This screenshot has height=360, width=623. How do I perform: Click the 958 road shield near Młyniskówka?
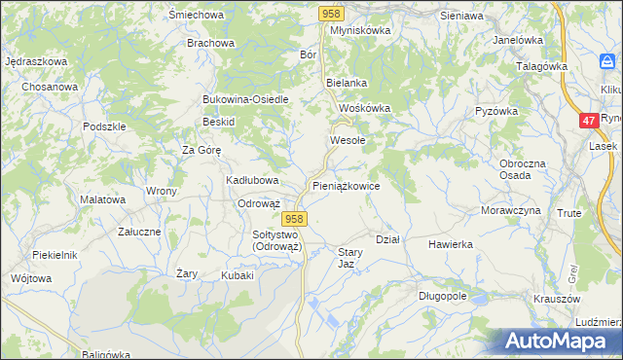coord(331,13)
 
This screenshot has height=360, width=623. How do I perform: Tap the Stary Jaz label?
coord(349,257)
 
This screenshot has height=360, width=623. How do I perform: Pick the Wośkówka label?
coord(364,108)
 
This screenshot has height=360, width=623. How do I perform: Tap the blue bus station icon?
coord(605,61)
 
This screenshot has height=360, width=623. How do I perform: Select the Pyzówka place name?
coord(496,111)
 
